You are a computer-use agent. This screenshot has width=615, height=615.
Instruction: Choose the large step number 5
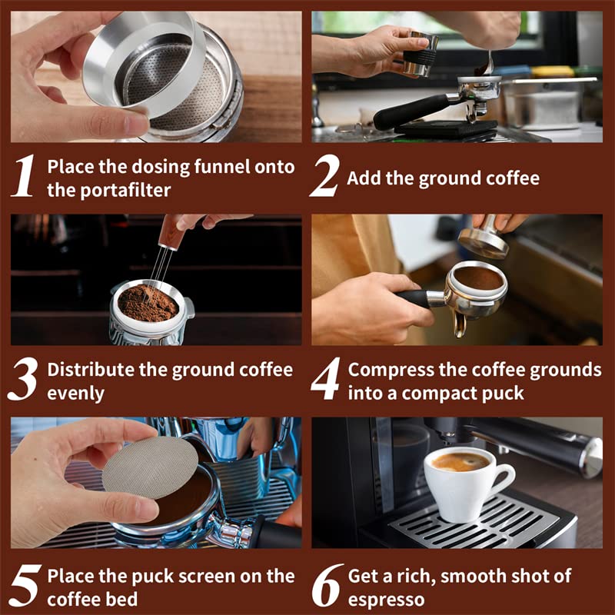(x=24, y=586)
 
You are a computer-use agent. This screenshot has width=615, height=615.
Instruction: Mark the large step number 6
(x=326, y=586)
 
